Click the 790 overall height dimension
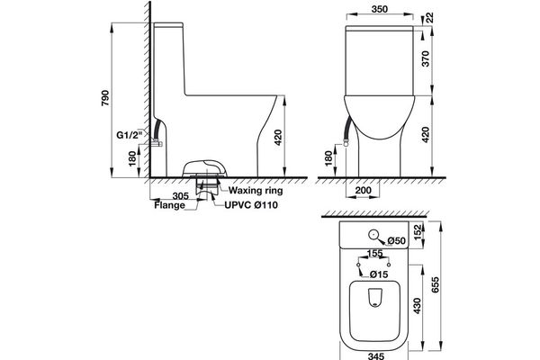105,98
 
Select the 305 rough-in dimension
181,196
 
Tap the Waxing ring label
256,191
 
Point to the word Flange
169,206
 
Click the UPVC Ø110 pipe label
251,205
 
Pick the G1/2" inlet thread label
129,135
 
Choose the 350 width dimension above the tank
380,9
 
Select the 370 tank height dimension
426,58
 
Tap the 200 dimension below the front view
363,190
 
